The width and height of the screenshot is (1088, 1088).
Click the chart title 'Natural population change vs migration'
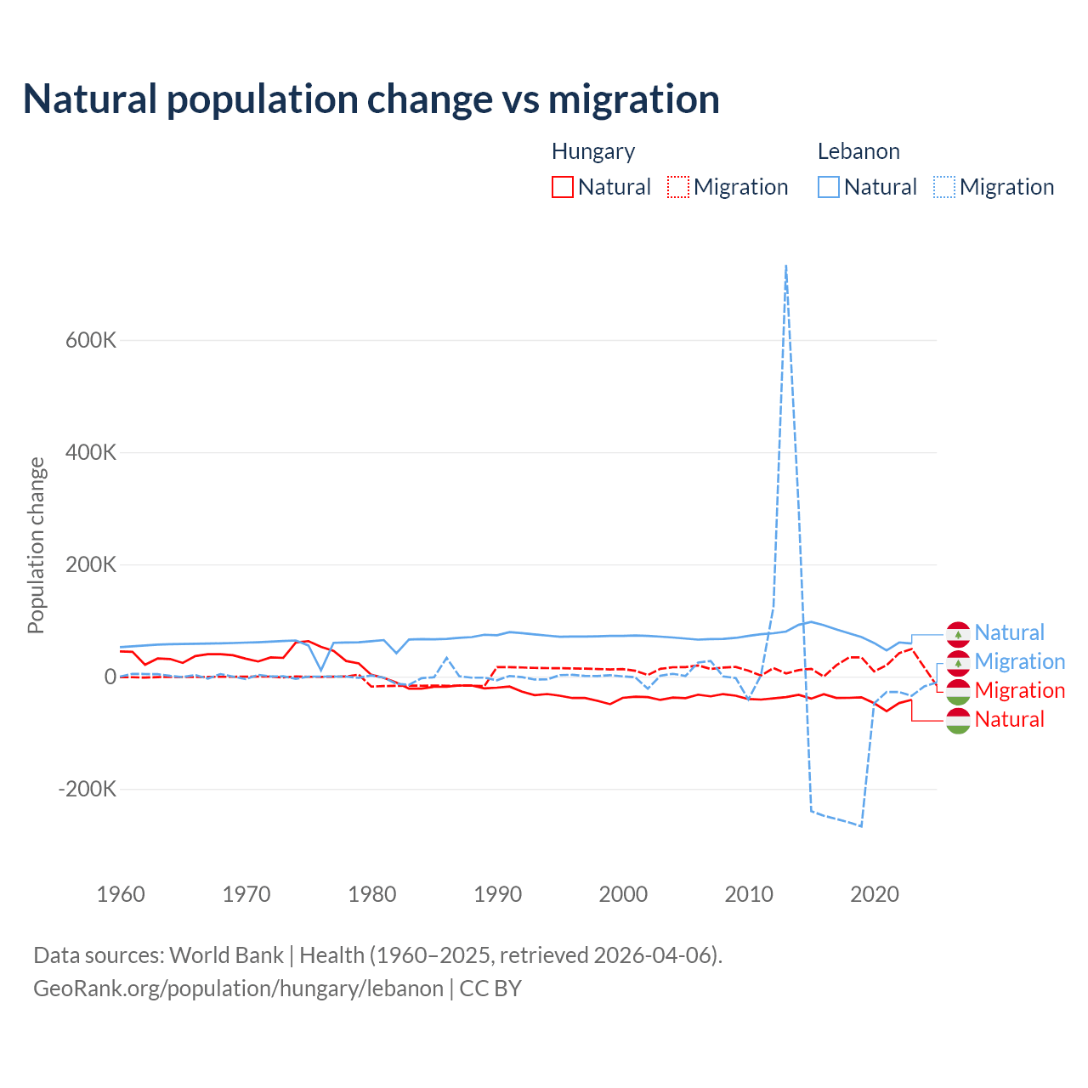[x=371, y=99]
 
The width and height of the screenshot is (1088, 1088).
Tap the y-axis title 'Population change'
[x=36, y=545]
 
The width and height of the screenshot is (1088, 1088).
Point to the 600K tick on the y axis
[x=91, y=340]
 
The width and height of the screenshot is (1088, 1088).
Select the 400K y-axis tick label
[x=91, y=452]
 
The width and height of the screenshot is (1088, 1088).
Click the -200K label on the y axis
[x=88, y=789]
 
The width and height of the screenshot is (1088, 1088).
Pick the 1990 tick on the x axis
[x=498, y=894]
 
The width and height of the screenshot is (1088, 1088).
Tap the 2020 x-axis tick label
[x=875, y=894]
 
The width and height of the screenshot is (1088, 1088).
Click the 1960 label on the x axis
[x=122, y=894]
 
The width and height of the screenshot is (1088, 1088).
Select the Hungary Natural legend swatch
[x=563, y=187]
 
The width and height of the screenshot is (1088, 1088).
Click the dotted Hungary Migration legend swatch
[x=678, y=187]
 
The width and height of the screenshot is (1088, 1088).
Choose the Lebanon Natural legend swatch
[x=829, y=187]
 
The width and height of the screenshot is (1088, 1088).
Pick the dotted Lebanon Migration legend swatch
[x=944, y=187]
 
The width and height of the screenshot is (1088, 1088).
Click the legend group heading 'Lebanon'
[x=858, y=151]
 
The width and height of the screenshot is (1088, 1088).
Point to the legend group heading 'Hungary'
[x=593, y=151]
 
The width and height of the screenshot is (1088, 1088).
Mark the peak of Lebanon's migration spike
[x=786, y=266]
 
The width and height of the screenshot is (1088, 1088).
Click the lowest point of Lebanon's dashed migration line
[x=861, y=825]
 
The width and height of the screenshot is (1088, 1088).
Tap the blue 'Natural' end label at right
[x=1009, y=632]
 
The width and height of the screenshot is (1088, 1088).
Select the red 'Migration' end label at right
[x=1020, y=690]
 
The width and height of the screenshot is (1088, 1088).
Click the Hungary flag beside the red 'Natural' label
[x=958, y=720]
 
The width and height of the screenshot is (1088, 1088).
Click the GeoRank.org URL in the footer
[x=238, y=989]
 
